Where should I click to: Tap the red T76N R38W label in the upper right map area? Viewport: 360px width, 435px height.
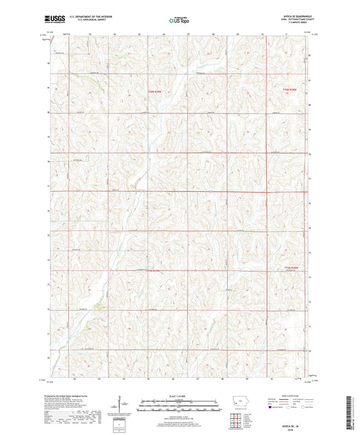pyautogui.click(x=290, y=88)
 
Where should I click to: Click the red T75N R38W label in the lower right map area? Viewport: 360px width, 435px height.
pyautogui.click(x=290, y=267)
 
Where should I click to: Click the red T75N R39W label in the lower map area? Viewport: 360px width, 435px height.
pyautogui.click(x=155, y=271)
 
